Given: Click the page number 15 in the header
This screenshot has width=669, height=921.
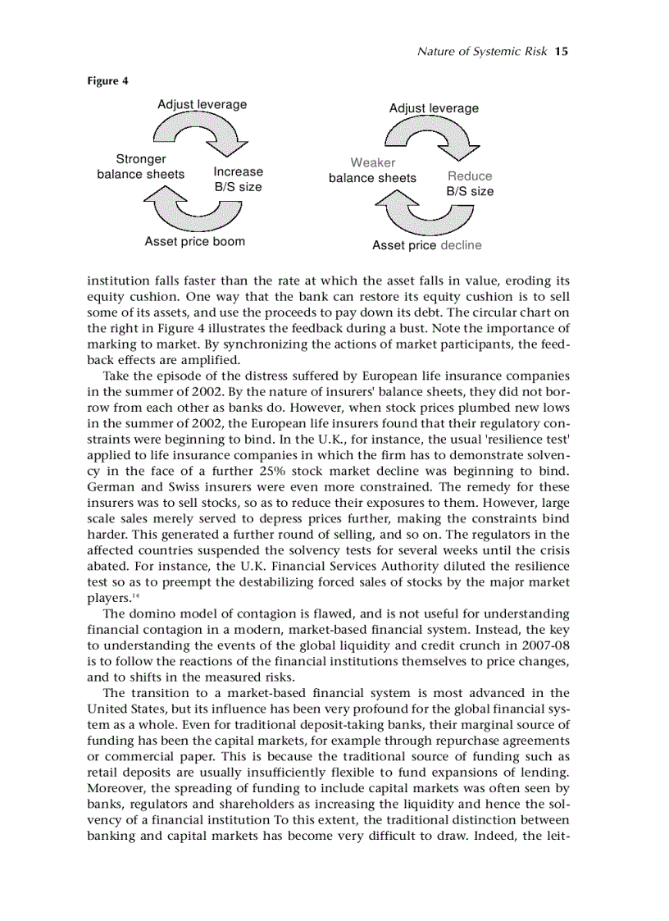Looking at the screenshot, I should point(562,51).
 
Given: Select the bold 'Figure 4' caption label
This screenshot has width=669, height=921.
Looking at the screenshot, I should point(107,81).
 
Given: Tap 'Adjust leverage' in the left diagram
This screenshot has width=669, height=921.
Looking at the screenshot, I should point(202,105).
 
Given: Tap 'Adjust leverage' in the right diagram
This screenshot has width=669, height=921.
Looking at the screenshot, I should point(434,108).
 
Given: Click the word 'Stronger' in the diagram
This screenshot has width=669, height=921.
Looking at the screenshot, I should point(141,159).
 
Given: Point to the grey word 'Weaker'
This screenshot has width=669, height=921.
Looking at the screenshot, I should point(373,162).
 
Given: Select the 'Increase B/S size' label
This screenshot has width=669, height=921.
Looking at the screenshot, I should point(239,180).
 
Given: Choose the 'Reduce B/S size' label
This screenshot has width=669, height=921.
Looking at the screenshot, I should point(470,184).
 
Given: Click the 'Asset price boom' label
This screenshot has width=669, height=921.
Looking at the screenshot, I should point(194,242).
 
